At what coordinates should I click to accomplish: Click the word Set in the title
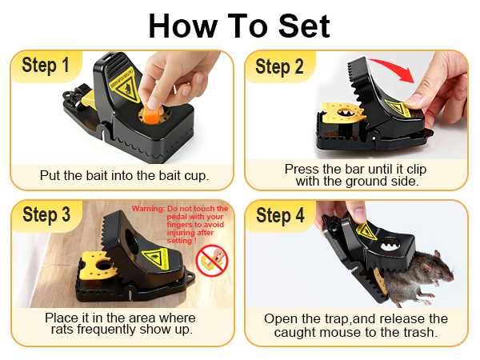(304, 26)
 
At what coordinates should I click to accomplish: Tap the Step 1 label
(46, 66)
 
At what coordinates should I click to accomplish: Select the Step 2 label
(279, 66)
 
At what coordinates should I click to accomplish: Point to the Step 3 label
(46, 214)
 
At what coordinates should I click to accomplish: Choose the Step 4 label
(280, 215)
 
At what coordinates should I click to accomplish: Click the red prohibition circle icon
(212, 261)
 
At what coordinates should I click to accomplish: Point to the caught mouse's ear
(437, 254)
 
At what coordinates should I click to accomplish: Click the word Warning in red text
(149, 209)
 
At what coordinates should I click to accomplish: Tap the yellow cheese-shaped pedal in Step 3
(97, 265)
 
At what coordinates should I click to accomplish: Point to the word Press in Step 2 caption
(302, 169)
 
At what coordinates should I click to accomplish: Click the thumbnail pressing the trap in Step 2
(412, 99)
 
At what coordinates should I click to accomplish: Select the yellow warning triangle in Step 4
(366, 232)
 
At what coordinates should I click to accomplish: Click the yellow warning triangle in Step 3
(155, 258)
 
